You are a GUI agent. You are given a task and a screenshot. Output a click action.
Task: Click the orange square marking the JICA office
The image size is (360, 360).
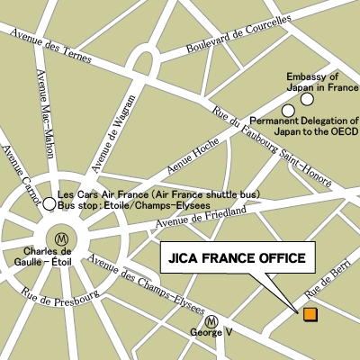(310, 314)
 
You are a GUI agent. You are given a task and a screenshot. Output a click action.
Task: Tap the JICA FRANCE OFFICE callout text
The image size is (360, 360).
(238, 258)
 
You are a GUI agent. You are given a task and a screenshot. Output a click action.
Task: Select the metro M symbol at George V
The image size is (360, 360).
(211, 320)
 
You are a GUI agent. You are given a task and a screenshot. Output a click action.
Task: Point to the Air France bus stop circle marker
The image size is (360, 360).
(49, 204)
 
